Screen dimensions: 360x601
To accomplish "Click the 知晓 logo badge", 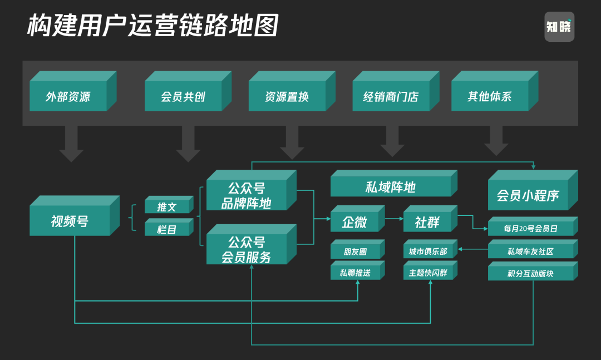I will tap(559, 27).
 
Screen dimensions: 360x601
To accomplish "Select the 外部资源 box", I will tap(68, 96).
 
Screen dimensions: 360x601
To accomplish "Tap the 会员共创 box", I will tap(183, 96).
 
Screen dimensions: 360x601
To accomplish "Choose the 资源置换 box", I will tap(287, 96).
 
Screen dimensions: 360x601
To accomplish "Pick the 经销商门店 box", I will tap(391, 96).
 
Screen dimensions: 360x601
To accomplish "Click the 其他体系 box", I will tap(490, 96).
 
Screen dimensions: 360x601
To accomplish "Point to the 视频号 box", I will tap(70, 221).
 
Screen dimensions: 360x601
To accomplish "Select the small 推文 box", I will tap(166, 207).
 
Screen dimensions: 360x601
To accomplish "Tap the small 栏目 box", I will tap(166, 229).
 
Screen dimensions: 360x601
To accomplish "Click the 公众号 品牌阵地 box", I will tap(246, 195).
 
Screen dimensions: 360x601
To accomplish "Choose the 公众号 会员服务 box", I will tap(246, 250).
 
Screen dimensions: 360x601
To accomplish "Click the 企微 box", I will tap(354, 222).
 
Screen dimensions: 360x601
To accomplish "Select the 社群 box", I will tap(427, 222).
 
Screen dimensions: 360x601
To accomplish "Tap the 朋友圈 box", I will tap(354, 251).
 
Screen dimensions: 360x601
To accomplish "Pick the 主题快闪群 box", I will tap(427, 273).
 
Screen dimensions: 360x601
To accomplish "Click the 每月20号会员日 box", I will tap(530, 228).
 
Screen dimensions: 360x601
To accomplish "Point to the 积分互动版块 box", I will tap(530, 273).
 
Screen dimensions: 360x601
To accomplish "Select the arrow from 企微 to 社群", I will tap(394, 219).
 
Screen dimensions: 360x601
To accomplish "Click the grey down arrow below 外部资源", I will tap(71, 144).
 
